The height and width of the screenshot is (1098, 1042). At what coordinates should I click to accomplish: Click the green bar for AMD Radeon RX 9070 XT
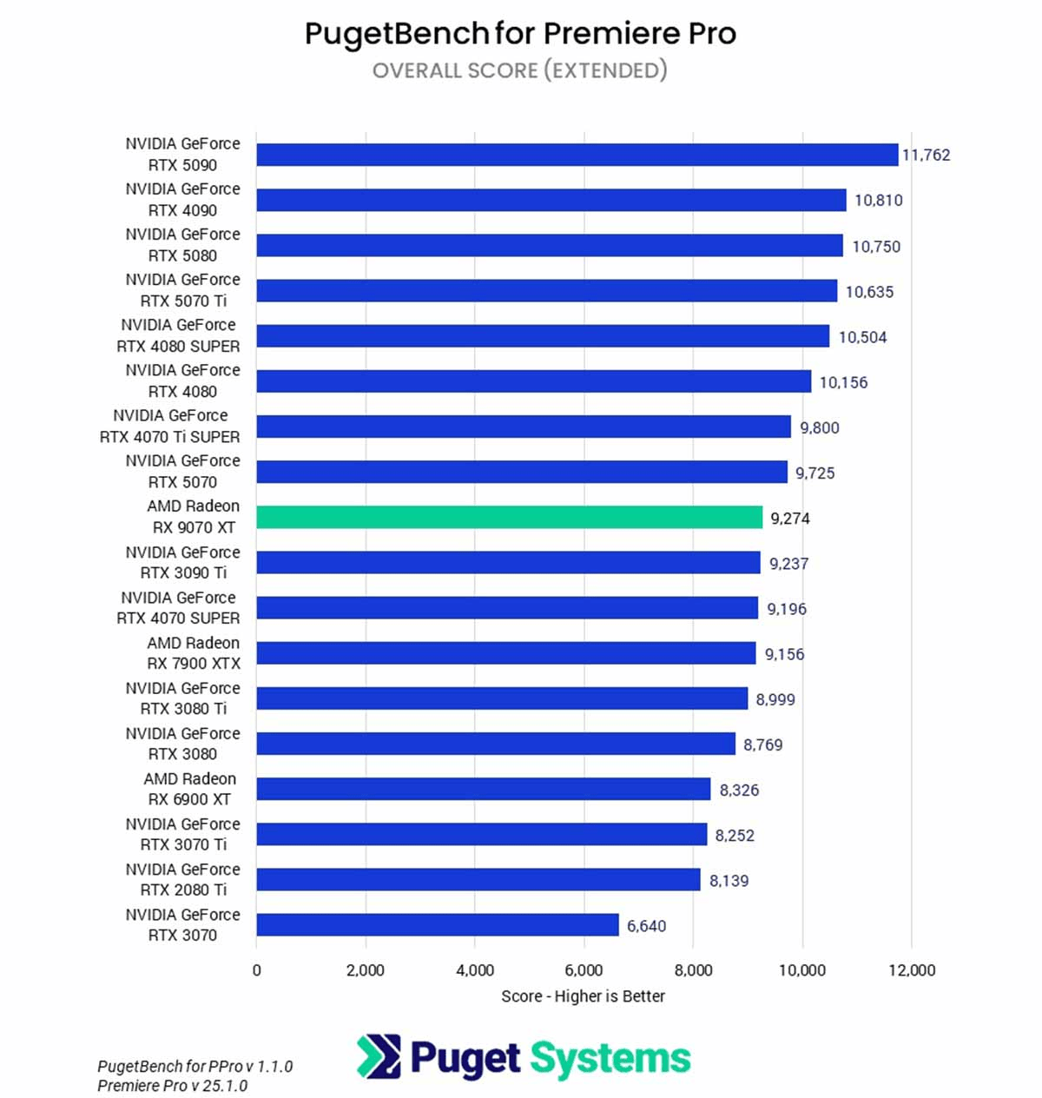509,518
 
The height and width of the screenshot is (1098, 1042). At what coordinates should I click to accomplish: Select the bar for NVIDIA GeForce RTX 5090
577,155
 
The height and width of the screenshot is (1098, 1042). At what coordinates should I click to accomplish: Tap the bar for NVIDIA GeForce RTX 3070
438,925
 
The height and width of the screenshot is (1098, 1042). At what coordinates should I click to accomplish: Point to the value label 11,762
927,155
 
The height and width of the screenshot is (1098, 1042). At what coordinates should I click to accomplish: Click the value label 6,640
647,926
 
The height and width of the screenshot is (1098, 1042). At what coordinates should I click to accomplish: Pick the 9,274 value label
790,519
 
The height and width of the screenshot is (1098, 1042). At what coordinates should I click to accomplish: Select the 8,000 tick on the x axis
693,970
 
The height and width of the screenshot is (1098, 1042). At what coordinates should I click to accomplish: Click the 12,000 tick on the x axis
912,970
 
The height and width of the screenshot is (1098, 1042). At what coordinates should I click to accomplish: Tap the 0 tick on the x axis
256,970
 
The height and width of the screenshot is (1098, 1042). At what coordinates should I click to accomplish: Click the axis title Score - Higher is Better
583,996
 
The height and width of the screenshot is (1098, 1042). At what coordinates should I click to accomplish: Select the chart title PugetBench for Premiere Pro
520,34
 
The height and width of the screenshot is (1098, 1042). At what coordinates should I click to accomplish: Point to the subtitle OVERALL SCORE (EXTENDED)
520,70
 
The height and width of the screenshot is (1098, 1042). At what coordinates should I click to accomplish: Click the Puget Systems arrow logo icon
379,1056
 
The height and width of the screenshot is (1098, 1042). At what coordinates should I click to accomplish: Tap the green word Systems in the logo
610,1058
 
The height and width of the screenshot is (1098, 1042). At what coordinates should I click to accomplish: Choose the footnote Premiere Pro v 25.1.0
172,1086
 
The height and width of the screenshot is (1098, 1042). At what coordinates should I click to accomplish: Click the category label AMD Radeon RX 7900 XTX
193,653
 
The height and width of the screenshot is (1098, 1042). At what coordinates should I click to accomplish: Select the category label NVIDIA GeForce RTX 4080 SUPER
178,335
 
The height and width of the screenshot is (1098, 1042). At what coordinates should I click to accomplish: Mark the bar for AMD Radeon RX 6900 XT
483,790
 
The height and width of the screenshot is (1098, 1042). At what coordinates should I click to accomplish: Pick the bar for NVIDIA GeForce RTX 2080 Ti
478,880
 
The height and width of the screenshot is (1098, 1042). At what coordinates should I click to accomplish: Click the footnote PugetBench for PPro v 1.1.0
195,1066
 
